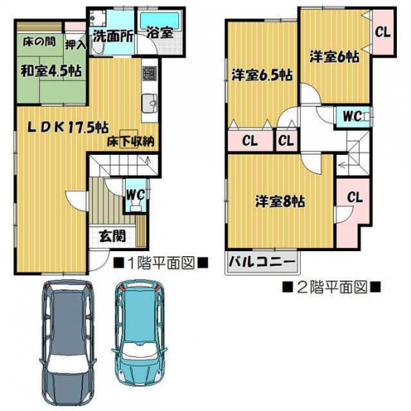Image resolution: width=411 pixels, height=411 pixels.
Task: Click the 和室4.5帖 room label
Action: [x=51, y=71]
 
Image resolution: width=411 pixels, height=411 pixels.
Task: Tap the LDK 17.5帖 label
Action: [x=68, y=128]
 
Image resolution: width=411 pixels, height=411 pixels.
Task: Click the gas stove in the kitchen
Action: [x=150, y=73]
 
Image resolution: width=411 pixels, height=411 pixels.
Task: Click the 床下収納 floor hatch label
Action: [x=130, y=141]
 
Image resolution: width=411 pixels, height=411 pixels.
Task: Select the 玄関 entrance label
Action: [x=113, y=236]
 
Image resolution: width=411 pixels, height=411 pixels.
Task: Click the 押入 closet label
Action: [x=76, y=45]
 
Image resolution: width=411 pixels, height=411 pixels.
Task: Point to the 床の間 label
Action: [x=39, y=41]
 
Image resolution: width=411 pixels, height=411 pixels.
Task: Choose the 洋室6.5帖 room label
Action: [x=262, y=76]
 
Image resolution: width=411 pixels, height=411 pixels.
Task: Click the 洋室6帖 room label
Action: [x=335, y=56]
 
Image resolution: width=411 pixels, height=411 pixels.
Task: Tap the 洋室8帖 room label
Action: [x=280, y=201]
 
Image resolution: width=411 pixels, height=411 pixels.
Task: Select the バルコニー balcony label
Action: [x=262, y=261]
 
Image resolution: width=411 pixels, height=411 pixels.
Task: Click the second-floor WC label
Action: [x=352, y=116]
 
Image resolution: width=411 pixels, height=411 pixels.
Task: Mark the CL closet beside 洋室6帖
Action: [x=383, y=33]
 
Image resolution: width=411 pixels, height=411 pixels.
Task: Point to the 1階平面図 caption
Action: [x=161, y=263]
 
